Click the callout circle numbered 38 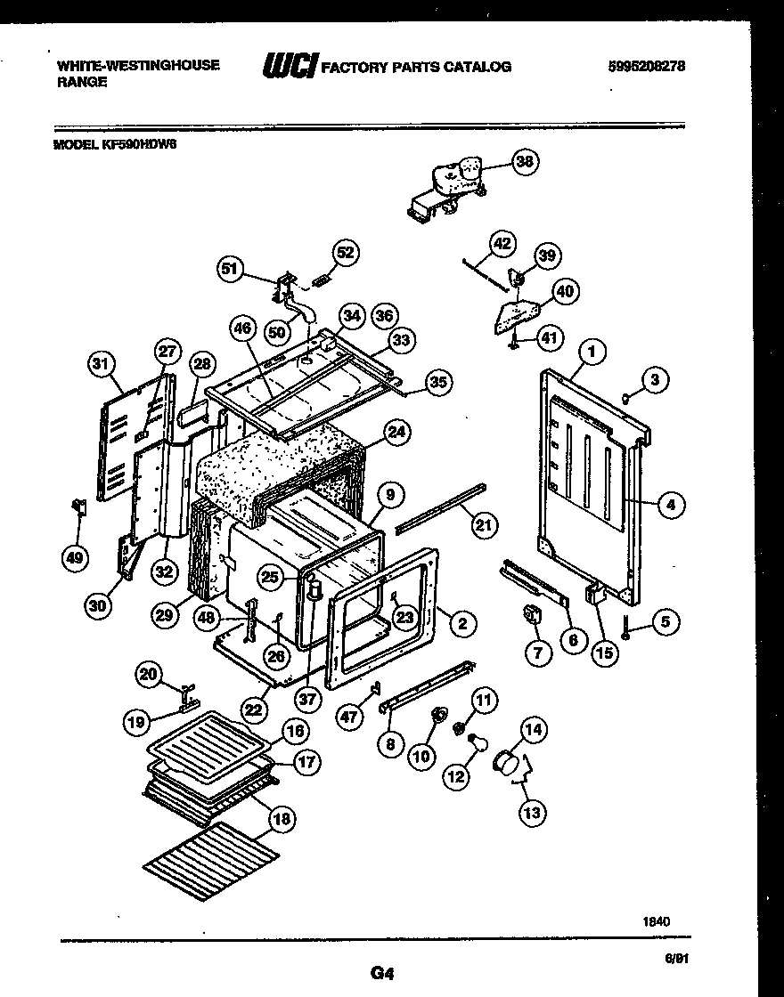(x=527, y=162)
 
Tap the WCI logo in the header (x=290, y=66)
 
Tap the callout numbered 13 (x=533, y=812)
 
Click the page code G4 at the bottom (x=381, y=973)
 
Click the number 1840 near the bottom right (x=657, y=923)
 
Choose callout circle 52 (x=347, y=253)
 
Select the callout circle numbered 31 (x=103, y=362)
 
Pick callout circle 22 (x=255, y=709)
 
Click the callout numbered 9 (x=389, y=494)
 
